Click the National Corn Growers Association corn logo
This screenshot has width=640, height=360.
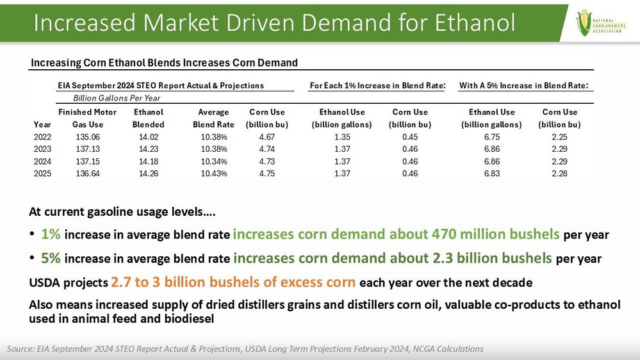pos(601,22)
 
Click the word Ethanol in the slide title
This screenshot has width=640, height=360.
pos(475,22)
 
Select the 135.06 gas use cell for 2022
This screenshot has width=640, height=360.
pos(88,136)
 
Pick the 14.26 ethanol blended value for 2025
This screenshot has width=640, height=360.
pos(148,174)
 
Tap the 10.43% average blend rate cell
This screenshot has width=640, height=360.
pos(214,174)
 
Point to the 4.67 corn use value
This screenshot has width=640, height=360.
pos(267,136)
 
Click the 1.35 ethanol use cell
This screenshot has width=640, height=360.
pos(342,136)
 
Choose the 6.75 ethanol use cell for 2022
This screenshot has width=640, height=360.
pos(492,136)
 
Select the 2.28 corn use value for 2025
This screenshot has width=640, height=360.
pos(559,174)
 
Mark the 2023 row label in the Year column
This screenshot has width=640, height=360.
pos(42,149)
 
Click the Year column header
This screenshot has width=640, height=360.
pos(42,124)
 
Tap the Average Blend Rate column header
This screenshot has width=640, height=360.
pos(213,119)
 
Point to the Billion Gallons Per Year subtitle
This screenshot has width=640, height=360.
pos(117,98)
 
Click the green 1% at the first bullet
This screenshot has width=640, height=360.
pos(51,234)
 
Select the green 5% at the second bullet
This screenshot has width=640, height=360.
pos(51,258)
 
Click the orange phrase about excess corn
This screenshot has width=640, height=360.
pos(233,282)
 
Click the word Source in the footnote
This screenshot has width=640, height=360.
pos(21,349)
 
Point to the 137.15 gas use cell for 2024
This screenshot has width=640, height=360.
pos(88,161)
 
